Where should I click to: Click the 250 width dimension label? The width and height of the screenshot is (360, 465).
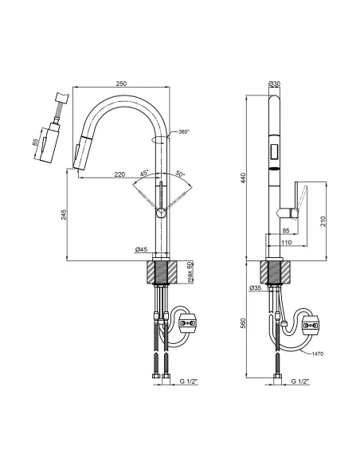tap(121, 84)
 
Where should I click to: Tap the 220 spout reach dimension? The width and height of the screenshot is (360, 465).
tap(119, 174)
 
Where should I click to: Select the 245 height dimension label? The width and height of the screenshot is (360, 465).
tap(64, 214)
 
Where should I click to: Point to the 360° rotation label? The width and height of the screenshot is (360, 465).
tap(184, 131)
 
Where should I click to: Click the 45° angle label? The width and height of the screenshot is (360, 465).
tap(144, 173)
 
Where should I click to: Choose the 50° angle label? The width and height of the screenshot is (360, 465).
tap(180, 174)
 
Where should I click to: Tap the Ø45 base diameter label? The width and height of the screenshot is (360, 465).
tap(141, 250)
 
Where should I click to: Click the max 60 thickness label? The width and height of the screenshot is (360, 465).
tap(190, 272)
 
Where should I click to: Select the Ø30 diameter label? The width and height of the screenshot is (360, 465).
tap(274, 84)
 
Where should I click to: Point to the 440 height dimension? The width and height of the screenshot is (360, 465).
tap(243, 178)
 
